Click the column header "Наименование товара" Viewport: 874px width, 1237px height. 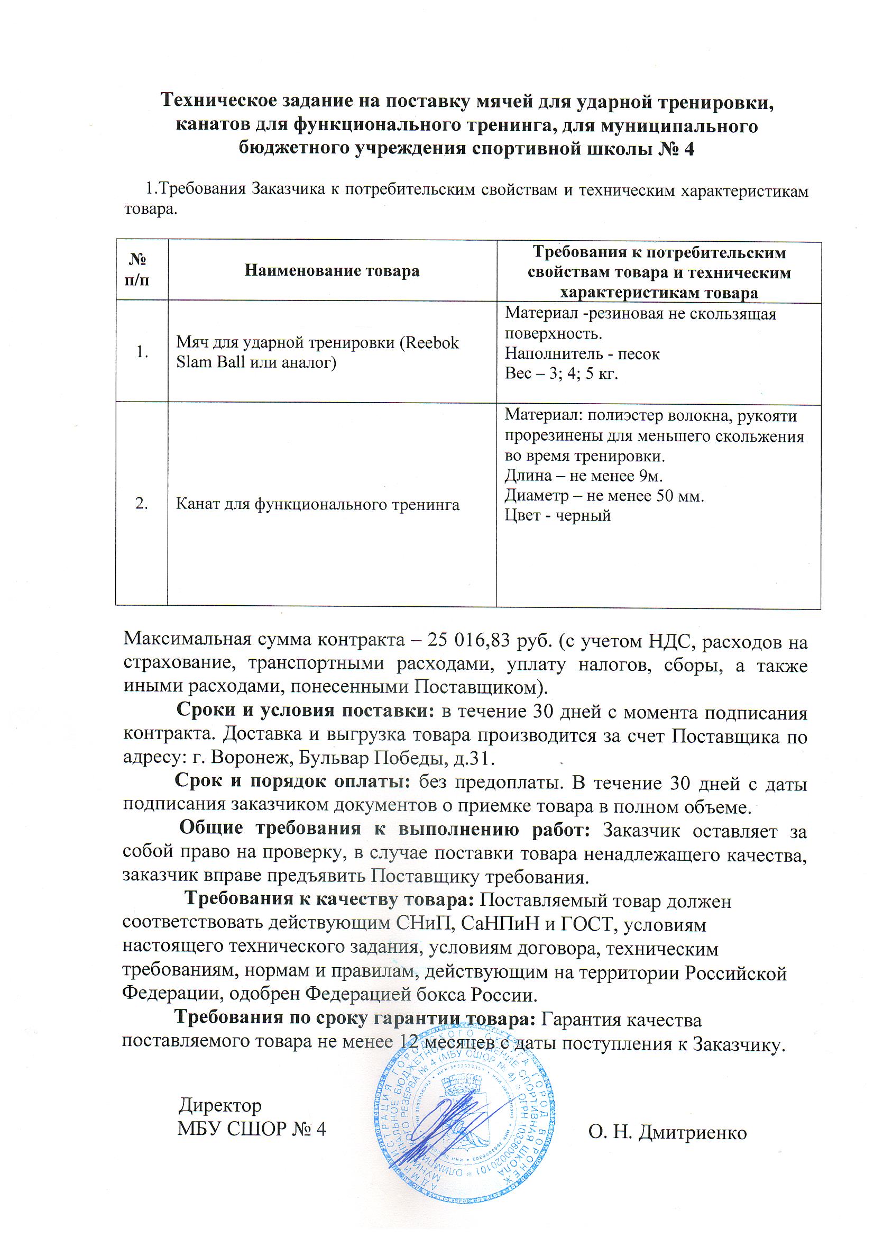[x=332, y=270]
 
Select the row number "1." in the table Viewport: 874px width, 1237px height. [x=142, y=352]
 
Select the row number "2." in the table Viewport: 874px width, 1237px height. [x=142, y=503]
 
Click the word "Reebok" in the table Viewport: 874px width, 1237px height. [x=432, y=343]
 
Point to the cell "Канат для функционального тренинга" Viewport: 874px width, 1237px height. [x=318, y=504]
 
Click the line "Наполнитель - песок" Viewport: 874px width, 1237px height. [x=582, y=354]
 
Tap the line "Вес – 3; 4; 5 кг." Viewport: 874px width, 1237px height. [x=560, y=374]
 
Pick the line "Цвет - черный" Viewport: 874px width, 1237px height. [x=557, y=516]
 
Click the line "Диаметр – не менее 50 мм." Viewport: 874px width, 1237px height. [x=604, y=496]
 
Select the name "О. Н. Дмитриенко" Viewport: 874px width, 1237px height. [x=667, y=1132]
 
